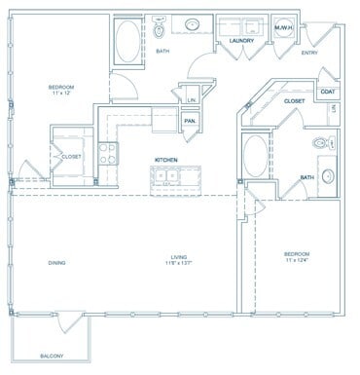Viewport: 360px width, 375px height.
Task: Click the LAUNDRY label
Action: click(241, 41)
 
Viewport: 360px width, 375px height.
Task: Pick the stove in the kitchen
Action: click(110, 153)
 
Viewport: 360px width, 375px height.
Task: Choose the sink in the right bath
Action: click(325, 177)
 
